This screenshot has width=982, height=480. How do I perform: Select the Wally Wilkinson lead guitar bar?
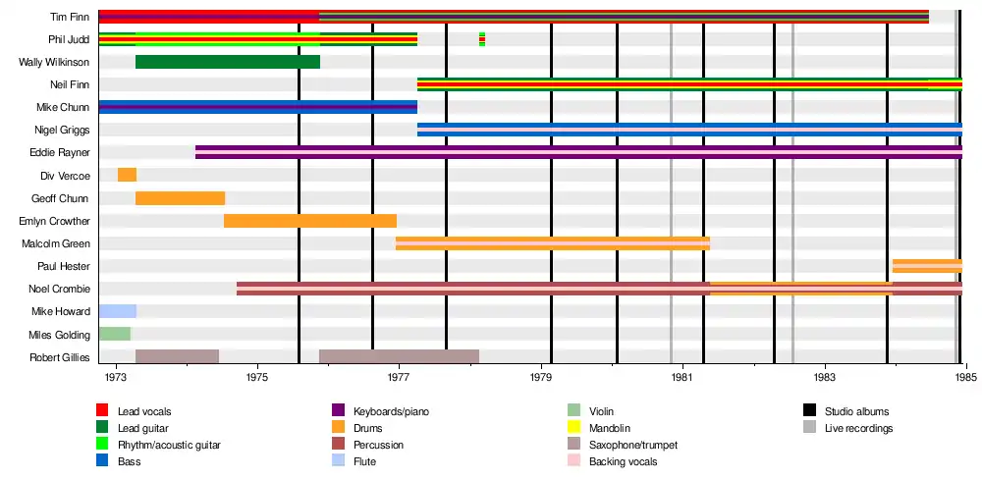pos(227,62)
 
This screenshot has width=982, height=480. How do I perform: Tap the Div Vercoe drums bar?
pos(127,175)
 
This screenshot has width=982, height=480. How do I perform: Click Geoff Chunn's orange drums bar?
pos(180,197)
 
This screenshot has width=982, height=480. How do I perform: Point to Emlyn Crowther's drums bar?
pos(309,221)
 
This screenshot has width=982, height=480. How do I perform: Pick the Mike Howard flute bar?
pos(117,311)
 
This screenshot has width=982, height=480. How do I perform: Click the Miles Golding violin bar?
pos(114,334)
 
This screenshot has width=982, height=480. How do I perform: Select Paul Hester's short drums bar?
pos(927,266)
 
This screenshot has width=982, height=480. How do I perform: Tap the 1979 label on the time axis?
pos(541,377)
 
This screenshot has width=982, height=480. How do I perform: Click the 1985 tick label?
pos(966,377)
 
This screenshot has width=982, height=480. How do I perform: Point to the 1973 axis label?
pos(116,377)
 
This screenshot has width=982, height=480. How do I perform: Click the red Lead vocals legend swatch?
pos(102,410)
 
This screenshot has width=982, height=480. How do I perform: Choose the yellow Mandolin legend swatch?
pos(574,427)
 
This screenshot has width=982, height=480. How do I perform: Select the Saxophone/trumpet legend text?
pos(633,445)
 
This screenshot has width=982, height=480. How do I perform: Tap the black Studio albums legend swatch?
pos(810,410)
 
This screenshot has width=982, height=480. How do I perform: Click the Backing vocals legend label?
pos(623,461)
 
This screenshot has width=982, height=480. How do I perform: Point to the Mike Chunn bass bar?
pos(257,107)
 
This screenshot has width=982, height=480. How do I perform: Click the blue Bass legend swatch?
pos(102,461)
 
